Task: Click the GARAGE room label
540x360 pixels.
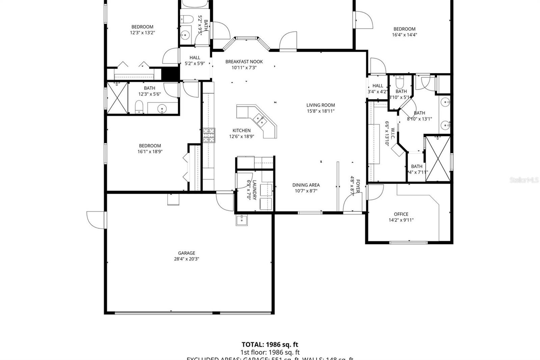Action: [186, 253]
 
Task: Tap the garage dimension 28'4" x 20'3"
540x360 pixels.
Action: [186, 259]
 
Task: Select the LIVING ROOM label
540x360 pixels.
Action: [320, 105]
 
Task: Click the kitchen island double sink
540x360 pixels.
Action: [260, 119]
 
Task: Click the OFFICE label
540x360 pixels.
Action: [401, 214]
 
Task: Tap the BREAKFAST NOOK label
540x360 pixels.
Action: [244, 61]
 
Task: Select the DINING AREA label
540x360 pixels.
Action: [306, 185]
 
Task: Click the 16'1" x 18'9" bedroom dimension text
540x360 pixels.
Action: [150, 152]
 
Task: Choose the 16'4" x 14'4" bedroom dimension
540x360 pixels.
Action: [404, 35]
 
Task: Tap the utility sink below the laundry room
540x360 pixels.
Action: [242, 220]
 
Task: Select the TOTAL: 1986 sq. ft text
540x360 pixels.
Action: [270, 344]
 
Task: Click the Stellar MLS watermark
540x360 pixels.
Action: [523, 180]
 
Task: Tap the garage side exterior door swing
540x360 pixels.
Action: [96, 220]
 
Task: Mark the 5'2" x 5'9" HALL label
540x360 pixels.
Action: [195, 57]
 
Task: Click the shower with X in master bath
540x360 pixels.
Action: [437, 158]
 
